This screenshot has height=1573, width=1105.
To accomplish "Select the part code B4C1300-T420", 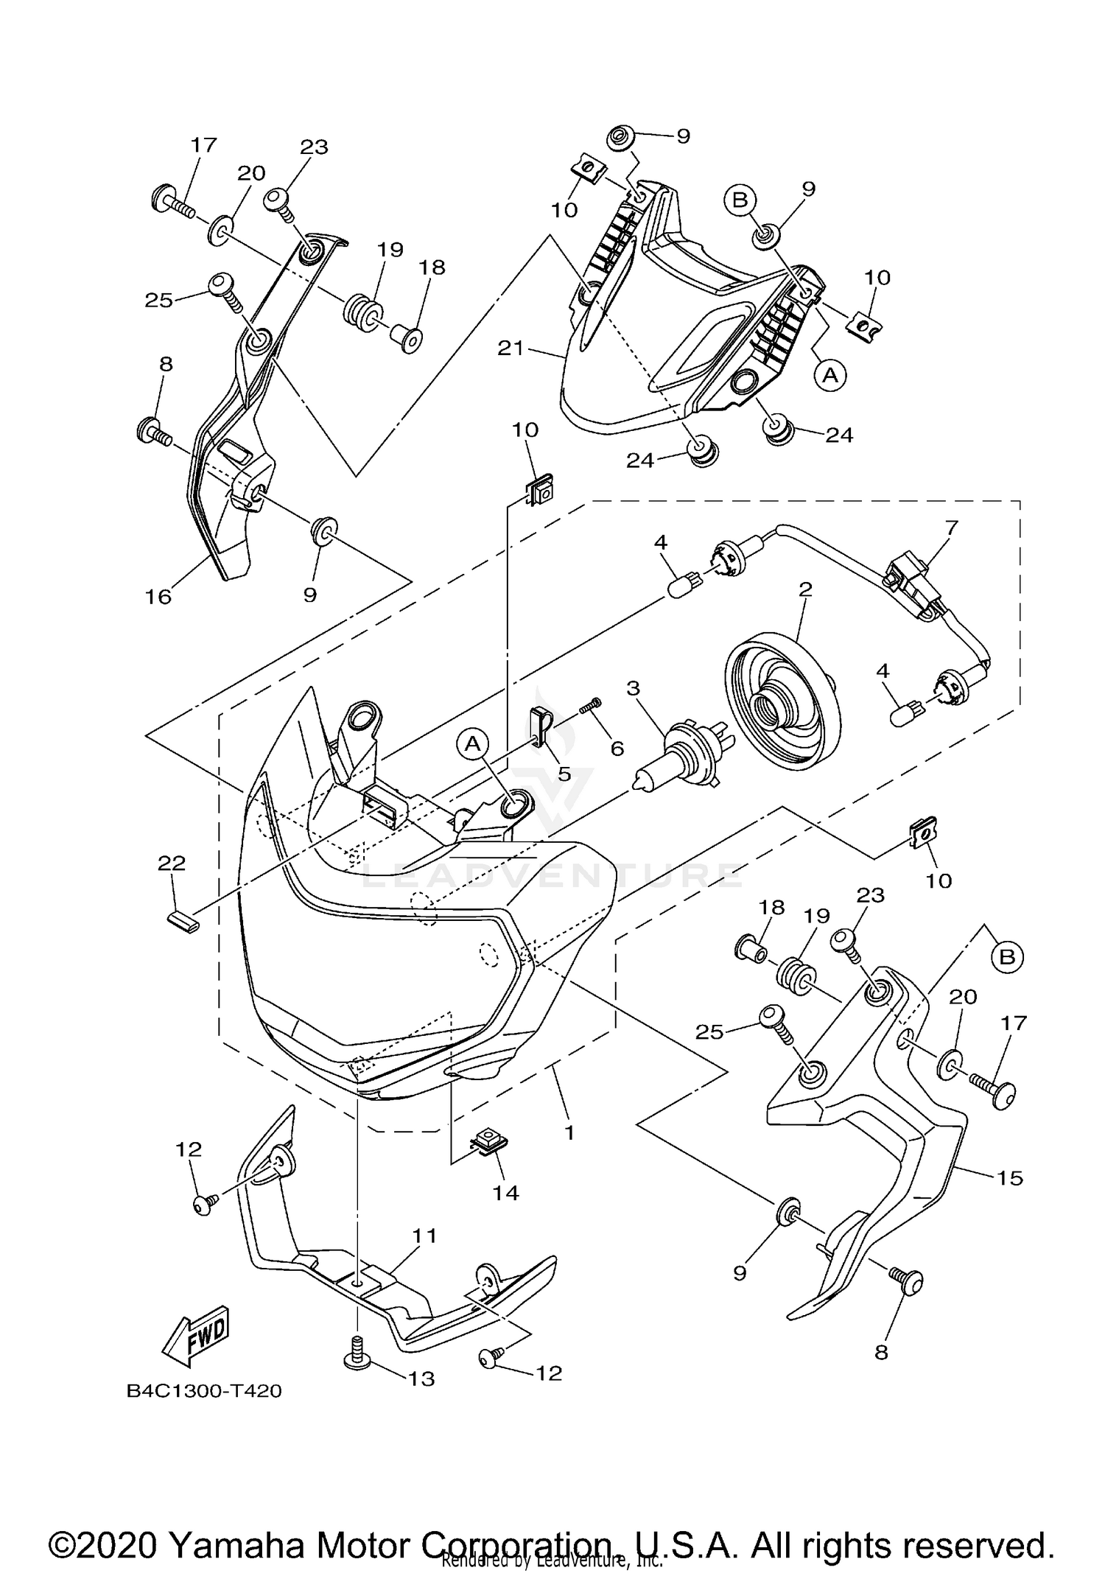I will click(204, 1391).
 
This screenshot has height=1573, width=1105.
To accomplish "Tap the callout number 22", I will click(172, 863).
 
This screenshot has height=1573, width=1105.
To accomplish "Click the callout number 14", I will click(506, 1192).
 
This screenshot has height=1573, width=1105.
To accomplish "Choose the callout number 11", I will click(425, 1236).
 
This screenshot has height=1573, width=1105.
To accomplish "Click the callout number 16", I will click(158, 596).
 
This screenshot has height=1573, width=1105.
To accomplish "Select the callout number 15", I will click(1011, 1178).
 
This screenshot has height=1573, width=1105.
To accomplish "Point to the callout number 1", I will click(569, 1132).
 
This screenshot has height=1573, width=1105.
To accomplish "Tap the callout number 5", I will click(564, 773).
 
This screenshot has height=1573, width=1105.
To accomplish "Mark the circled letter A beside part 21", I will click(830, 375).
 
